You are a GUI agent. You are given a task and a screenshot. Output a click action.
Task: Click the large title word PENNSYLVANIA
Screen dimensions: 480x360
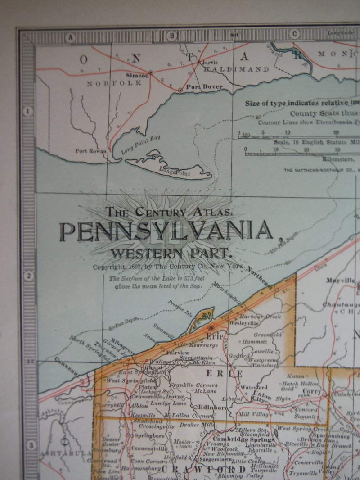click(166, 231)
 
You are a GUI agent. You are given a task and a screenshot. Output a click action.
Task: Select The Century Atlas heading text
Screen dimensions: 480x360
click(169, 210)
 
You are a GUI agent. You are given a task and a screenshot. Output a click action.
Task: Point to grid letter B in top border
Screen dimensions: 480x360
click(171, 36)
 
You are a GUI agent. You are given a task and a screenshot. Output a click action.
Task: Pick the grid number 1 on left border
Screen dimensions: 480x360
click(29, 111)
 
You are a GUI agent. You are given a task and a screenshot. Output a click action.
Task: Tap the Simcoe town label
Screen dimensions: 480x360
click(137, 76)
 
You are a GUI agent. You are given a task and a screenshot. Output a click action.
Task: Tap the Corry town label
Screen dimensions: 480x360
click(313, 392)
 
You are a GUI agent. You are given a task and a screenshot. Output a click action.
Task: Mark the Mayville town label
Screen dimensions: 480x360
click(341, 280)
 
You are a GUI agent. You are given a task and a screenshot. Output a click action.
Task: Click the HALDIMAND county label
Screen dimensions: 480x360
click(236, 70)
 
